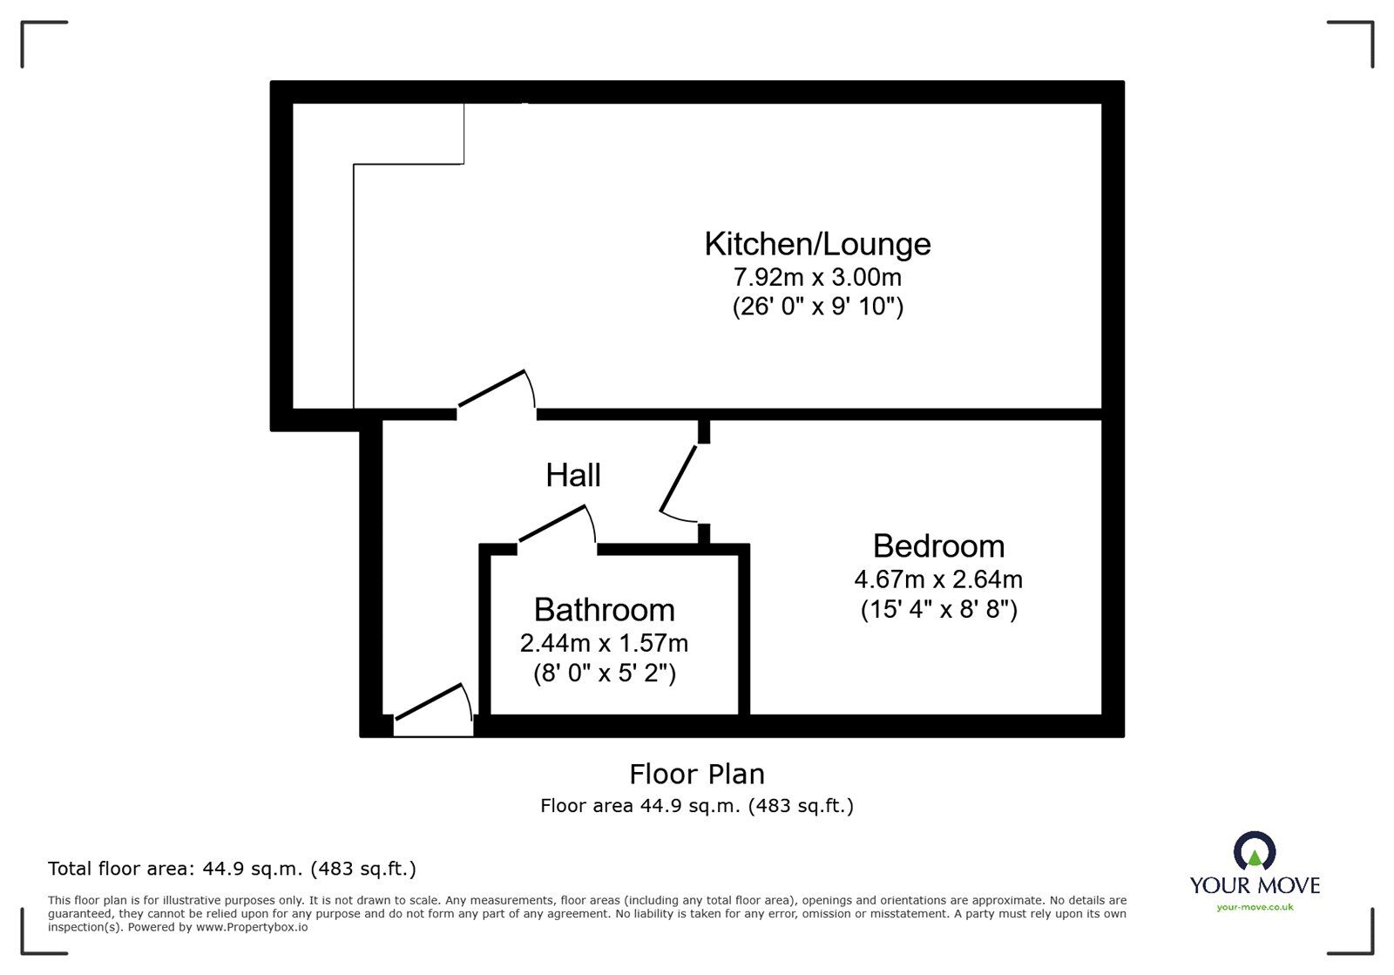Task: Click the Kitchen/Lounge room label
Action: (817, 243)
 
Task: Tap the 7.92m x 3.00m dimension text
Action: (817, 278)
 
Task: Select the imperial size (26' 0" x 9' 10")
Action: (817, 307)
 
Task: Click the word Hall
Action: (573, 475)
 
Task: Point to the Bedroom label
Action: (938, 546)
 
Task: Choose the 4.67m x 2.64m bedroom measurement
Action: (938, 579)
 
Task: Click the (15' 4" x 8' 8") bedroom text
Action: (938, 608)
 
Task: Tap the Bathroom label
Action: (604, 610)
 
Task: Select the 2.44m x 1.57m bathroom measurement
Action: (604, 643)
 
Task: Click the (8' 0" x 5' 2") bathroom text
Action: (604, 674)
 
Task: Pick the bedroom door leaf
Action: (679, 478)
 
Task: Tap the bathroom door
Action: (553, 526)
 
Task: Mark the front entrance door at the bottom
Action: (430, 703)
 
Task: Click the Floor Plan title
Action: (697, 774)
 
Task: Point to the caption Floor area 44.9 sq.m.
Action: (697, 806)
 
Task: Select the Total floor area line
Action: (232, 869)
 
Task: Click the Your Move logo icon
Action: (1255, 851)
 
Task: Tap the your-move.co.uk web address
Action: (1255, 907)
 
